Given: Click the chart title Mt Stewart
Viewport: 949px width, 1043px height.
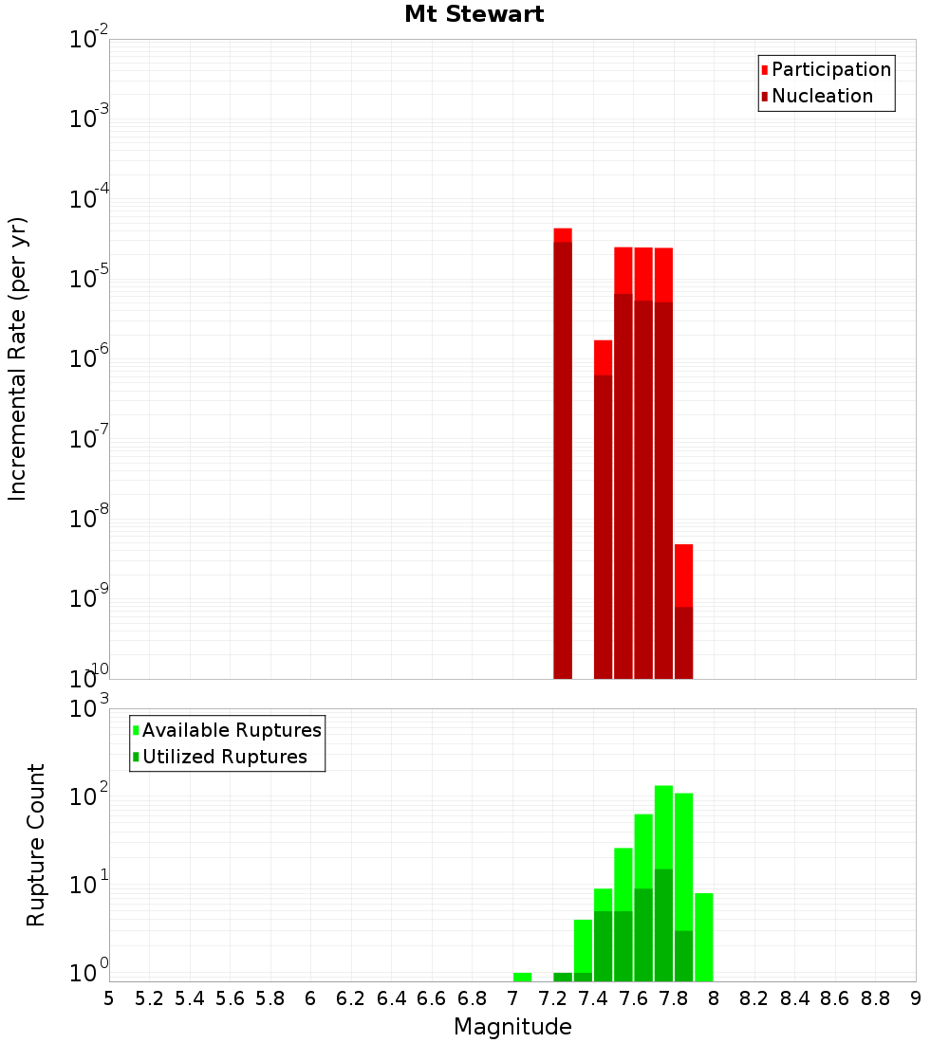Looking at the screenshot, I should [474, 14].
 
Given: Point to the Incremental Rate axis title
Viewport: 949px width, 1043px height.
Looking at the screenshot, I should [18, 358].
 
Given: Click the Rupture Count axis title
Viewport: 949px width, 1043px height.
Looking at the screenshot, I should [36, 844].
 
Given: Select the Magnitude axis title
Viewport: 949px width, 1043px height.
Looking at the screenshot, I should [512, 1027].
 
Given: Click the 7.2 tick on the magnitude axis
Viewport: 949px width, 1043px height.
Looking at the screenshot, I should [552, 997].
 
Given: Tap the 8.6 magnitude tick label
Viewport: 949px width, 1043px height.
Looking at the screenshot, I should [835, 997].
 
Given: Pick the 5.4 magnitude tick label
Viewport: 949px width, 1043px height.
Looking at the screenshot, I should [190, 997].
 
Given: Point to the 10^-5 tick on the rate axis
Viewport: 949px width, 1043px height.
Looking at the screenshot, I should [88, 280].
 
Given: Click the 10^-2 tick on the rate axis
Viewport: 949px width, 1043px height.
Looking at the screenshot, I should [88, 40].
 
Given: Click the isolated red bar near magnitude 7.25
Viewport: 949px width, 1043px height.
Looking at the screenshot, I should [563, 455].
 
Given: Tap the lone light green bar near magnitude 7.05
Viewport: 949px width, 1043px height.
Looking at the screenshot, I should [522, 977].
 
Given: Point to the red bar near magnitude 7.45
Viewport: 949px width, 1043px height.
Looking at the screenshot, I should [603, 512].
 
